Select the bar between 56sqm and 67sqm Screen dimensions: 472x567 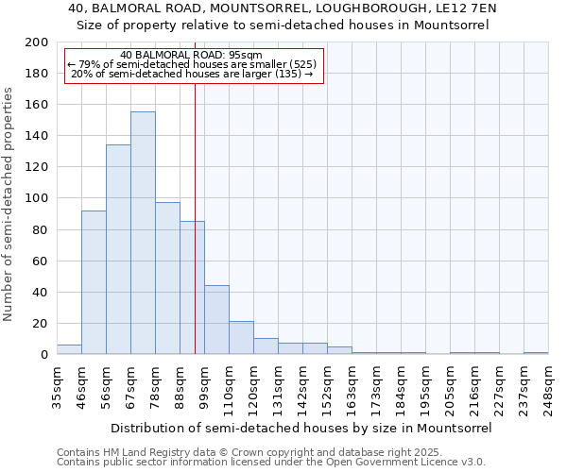(x=118, y=250)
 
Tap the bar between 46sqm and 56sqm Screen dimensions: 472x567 (x=94, y=282)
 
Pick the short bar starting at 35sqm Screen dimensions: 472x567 (x=69, y=349)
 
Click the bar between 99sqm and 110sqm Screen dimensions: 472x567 (x=216, y=320)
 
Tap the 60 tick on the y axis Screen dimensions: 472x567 (x=41, y=261)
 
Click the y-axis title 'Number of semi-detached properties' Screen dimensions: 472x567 (x=9, y=204)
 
